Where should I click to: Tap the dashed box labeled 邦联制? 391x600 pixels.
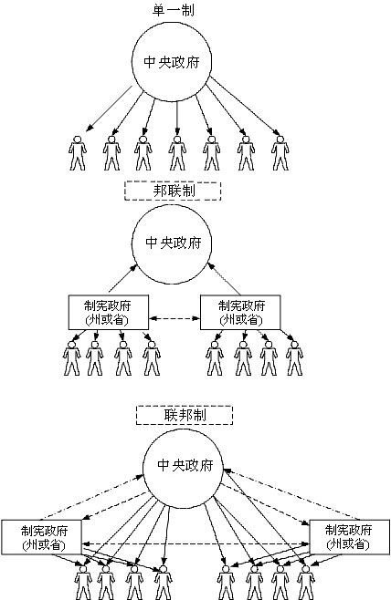click(173, 191)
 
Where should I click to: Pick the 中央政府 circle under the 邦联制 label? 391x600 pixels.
click(178, 244)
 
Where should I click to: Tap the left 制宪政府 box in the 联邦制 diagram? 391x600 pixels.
click(42, 536)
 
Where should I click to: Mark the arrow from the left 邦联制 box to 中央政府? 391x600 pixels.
click(132, 279)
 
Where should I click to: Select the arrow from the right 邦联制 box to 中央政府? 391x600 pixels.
click(224, 279)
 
